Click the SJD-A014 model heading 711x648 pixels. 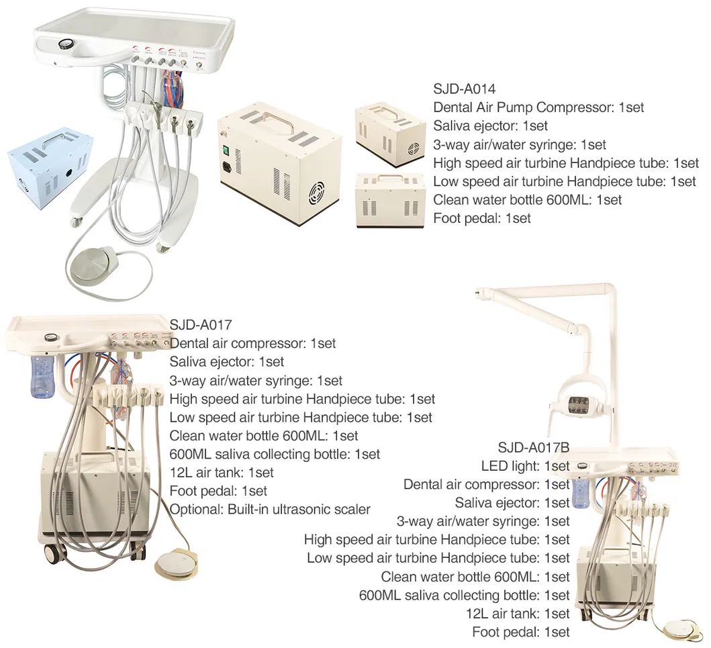coord(465,88)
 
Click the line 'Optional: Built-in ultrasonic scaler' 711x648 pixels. coord(269,509)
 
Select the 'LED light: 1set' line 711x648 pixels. coord(525,466)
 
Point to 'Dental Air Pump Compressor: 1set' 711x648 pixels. coord(538,107)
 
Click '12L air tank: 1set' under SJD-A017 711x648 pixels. coord(222,472)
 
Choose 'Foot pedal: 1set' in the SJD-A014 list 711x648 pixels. coord(481,218)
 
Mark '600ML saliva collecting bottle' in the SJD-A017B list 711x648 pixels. coord(464,595)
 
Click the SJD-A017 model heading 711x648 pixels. coord(201,325)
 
